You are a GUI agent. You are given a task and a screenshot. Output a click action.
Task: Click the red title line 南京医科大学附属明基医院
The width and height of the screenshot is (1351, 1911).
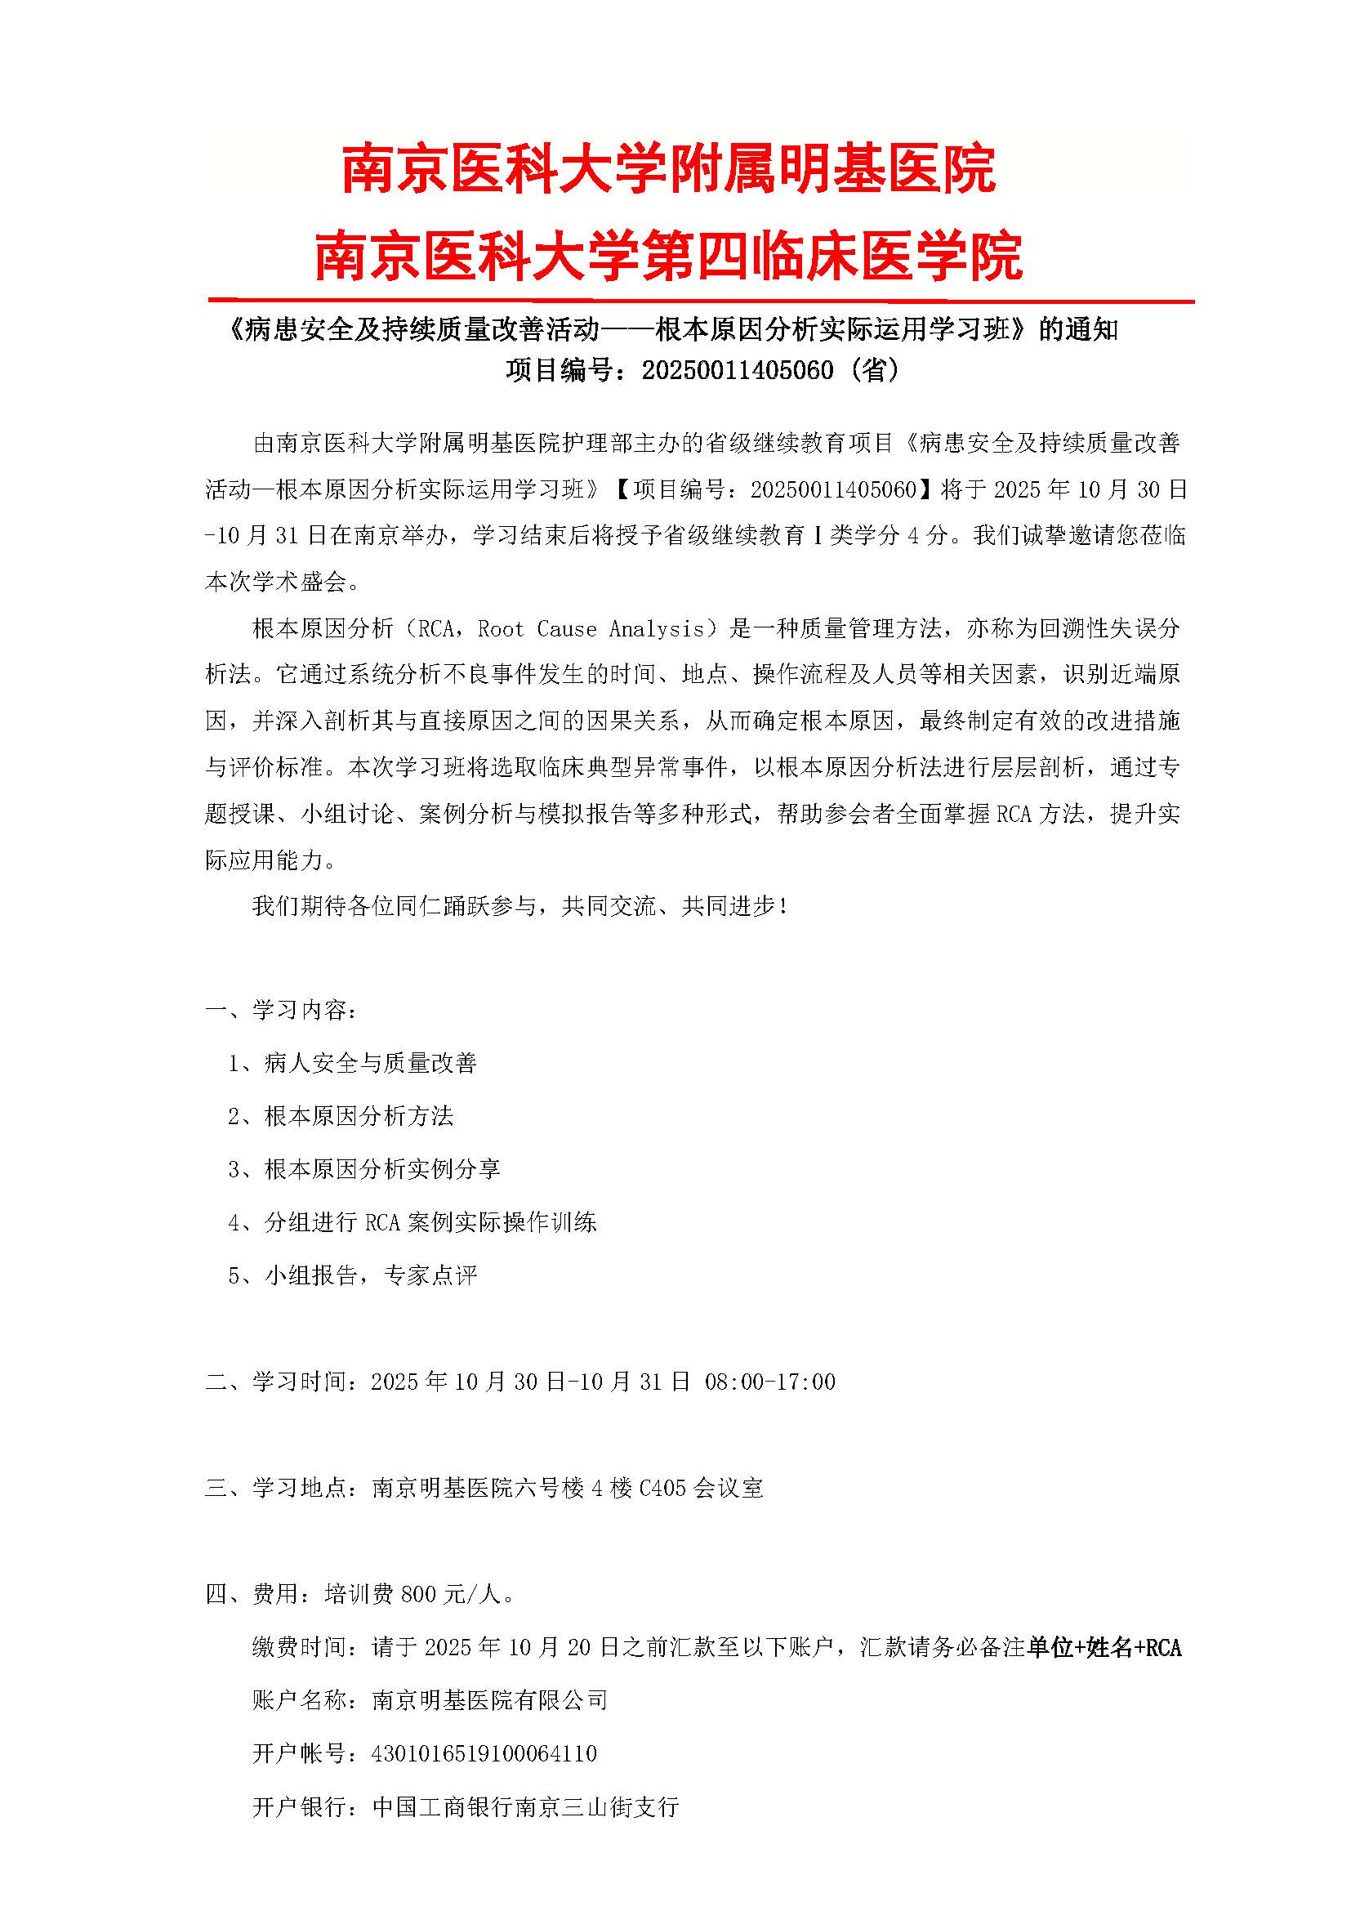tap(668, 169)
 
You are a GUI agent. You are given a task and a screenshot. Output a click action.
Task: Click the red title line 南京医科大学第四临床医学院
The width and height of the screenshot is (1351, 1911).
tap(668, 256)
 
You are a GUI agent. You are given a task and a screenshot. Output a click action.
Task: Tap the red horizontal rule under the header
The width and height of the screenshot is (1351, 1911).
tap(701, 300)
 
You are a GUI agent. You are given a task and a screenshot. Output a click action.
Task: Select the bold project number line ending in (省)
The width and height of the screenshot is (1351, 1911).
tap(703, 369)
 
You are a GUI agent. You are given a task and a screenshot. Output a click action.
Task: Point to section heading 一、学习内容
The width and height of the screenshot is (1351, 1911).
tap(282, 1011)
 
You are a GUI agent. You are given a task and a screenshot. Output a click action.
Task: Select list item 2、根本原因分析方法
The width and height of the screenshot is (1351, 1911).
tap(341, 1116)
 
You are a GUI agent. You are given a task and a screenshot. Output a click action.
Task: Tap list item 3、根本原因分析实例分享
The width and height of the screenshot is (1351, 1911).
tap(364, 1169)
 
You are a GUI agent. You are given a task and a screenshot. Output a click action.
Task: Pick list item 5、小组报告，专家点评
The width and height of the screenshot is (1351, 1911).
tap(353, 1275)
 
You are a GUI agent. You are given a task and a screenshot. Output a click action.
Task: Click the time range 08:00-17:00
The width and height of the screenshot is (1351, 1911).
tap(769, 1382)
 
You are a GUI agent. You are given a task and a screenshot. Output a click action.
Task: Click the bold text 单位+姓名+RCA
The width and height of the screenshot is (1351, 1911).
tap(1104, 1647)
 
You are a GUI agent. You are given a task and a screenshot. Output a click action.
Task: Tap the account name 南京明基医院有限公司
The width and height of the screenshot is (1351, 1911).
tap(489, 1699)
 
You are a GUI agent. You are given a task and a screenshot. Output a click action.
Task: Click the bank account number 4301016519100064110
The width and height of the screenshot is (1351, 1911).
tap(484, 1752)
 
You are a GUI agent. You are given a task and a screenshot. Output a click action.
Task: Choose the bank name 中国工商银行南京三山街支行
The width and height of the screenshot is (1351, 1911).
tap(526, 1806)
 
